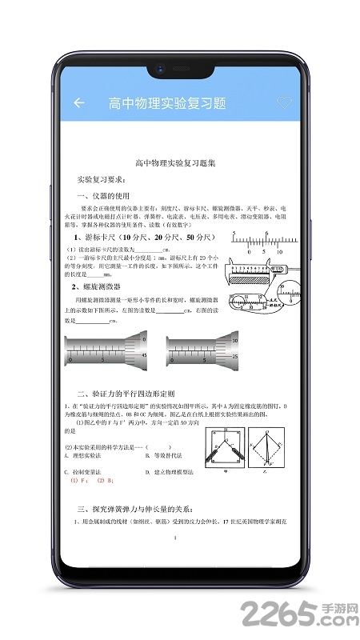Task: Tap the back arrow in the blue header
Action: click(78, 102)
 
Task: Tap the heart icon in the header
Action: click(284, 102)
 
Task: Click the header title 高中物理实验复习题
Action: click(167, 103)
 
